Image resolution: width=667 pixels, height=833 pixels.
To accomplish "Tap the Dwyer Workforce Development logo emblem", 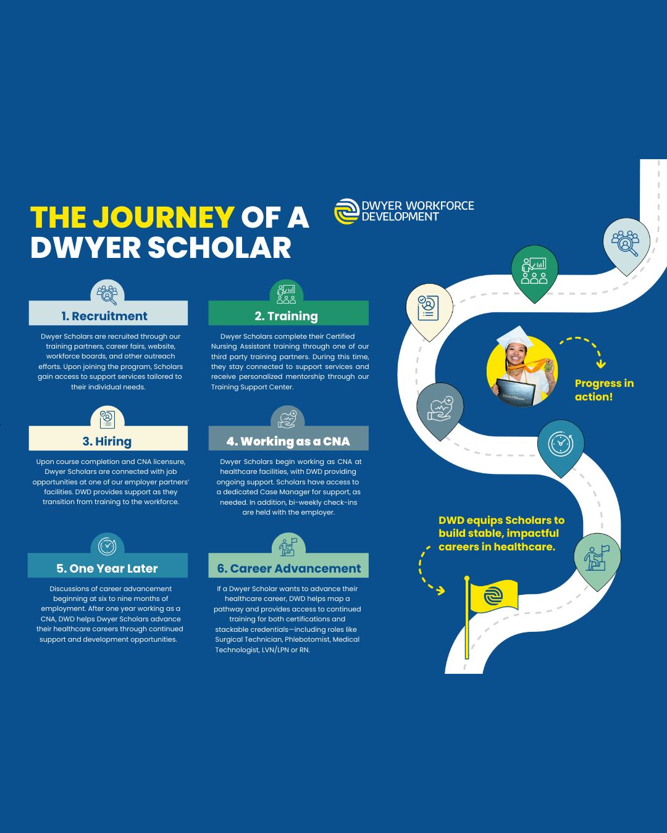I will [x=346, y=211].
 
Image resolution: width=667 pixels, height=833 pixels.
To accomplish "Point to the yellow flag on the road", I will [x=493, y=596].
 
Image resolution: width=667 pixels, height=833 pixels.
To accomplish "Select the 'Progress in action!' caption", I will [x=604, y=390].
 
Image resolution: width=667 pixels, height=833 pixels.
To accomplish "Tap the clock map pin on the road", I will [x=560, y=444].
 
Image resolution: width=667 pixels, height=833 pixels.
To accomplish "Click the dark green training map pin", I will [x=534, y=271].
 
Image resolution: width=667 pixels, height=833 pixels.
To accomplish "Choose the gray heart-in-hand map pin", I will [x=440, y=408].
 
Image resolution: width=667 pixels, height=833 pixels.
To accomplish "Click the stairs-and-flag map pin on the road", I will [x=597, y=558].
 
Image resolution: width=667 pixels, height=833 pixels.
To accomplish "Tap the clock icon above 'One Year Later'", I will [x=107, y=545].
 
